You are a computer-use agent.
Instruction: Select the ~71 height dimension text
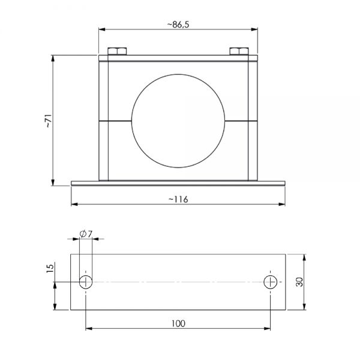pos(48,120)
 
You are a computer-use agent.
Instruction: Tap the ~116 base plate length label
pos(178,199)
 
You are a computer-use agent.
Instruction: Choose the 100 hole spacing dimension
pos(178,323)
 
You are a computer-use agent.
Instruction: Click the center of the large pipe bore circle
pos(178,121)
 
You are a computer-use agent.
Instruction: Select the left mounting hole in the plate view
pos(86,282)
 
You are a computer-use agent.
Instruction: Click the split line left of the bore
pos(115,121)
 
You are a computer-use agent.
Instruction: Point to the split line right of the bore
pos(241,121)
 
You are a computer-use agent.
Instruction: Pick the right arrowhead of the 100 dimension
pos(268,328)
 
